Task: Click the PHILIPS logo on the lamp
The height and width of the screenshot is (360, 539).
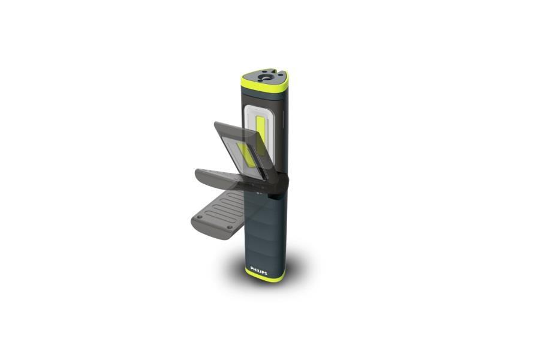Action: [258, 271]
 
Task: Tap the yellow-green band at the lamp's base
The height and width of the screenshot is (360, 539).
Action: [264, 275]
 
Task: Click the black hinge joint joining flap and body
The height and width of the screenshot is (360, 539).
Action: [278, 185]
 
